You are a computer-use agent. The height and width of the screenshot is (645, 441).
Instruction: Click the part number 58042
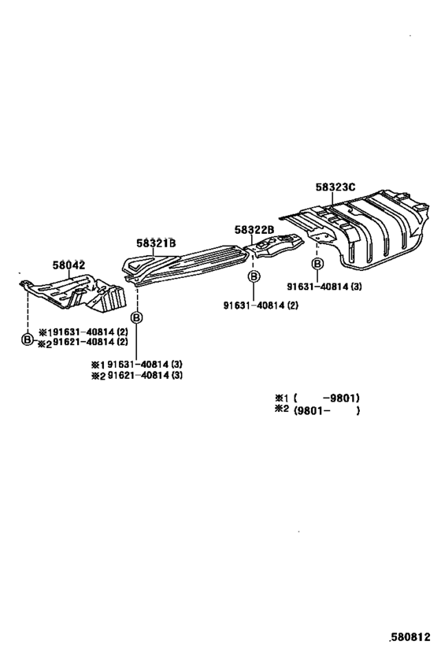click(69, 265)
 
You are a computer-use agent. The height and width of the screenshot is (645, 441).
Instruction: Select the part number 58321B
click(156, 243)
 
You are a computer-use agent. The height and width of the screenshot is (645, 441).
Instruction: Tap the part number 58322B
click(254, 230)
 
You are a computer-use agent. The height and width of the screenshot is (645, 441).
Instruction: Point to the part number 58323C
click(335, 187)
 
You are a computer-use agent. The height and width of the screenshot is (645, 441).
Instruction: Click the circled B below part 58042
click(27, 339)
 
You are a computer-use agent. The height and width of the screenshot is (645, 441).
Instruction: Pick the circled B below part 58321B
click(136, 317)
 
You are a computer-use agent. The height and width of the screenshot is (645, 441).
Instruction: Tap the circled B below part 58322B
click(254, 276)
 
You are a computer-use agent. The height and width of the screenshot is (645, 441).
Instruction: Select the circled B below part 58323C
click(317, 263)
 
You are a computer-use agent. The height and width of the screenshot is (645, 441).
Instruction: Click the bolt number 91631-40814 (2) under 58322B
click(261, 306)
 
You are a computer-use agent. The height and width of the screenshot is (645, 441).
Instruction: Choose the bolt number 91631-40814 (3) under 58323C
click(324, 287)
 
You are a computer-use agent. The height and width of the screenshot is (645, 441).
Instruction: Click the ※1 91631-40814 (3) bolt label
click(136, 364)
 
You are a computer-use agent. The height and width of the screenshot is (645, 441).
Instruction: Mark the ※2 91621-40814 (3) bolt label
click(136, 375)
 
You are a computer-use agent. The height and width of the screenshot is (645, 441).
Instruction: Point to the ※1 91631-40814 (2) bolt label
click(83, 332)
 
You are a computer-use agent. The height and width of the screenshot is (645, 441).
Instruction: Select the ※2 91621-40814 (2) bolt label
click(83, 342)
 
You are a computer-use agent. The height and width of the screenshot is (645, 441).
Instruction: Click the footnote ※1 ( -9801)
click(317, 398)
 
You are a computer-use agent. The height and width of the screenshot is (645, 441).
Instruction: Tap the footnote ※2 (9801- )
click(317, 410)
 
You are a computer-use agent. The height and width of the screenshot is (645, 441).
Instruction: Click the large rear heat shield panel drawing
click(358, 228)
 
